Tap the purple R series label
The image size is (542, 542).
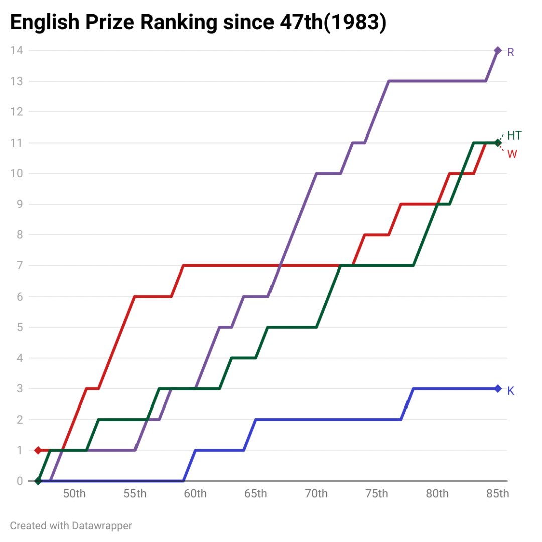point(510,52)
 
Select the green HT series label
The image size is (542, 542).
point(514,135)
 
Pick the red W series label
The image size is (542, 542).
point(512,154)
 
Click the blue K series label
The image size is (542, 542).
point(511,391)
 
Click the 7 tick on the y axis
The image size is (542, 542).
point(20,265)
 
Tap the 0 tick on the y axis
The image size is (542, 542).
point(20,481)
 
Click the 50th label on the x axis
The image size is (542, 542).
point(74,494)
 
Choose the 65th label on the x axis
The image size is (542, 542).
point(256,494)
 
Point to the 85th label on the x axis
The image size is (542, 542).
point(498,494)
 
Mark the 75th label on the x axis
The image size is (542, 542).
point(377,494)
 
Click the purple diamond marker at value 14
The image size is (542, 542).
point(498,50)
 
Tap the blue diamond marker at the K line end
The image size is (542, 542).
point(498,388)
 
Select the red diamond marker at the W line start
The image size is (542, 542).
point(38,450)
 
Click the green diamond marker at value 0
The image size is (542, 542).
point(38,481)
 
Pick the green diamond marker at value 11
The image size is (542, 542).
point(498,143)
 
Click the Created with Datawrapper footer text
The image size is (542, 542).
point(71,525)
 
